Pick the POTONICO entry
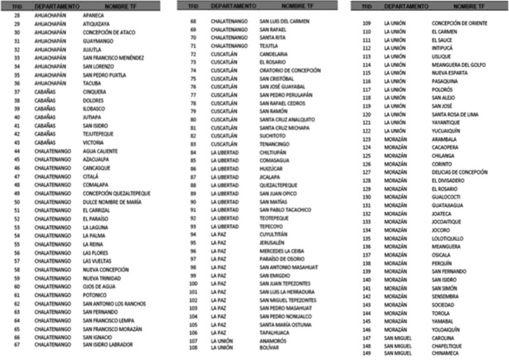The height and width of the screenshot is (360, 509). (97, 293)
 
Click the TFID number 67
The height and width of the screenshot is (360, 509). (17, 345)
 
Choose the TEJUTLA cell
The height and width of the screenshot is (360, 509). (270, 46)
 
